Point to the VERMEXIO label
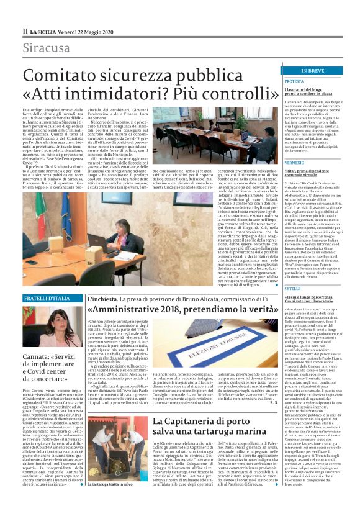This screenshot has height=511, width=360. pos(295,163)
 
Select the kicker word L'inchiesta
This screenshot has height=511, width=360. pos(101,299)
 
